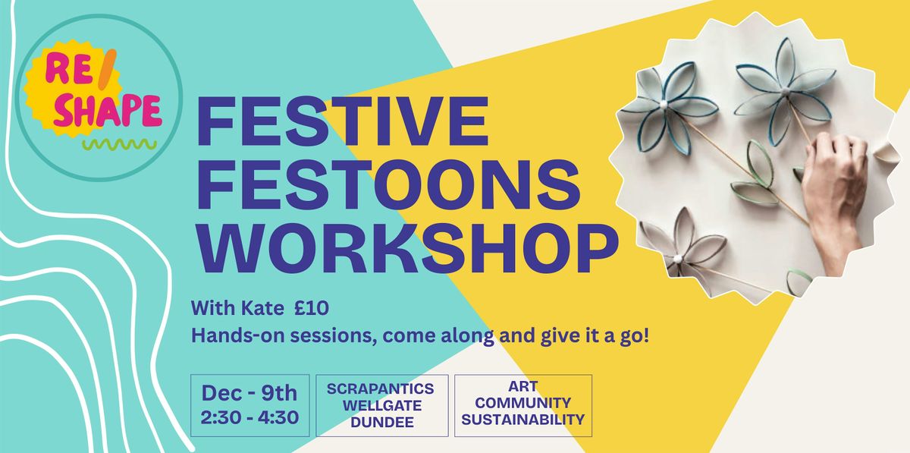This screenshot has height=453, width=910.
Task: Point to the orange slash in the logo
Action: coord(115,72)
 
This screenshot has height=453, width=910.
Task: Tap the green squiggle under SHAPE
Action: coord(120,143)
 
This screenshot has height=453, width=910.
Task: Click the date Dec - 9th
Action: coord(249,393)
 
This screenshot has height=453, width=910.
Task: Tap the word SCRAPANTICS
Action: coord(381,389)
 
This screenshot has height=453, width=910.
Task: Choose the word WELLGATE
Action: coord(381,405)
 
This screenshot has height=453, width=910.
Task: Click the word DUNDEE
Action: coord(381,421)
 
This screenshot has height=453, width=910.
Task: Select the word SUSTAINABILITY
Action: coord(523,419)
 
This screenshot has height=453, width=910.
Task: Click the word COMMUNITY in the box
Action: coord(523,403)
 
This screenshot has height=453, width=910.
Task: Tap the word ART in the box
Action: coord(523,387)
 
